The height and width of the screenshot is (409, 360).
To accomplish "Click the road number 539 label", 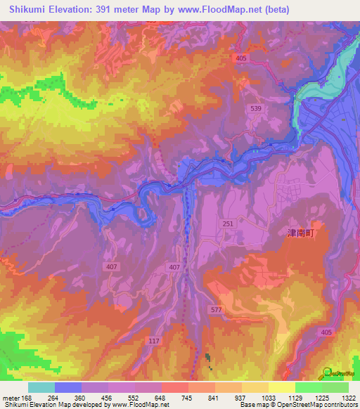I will [256, 108].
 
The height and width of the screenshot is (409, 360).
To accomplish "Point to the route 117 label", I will [154, 341].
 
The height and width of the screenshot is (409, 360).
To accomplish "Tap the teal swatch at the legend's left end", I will [41, 387].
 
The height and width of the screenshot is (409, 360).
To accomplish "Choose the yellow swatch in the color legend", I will [281, 387].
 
